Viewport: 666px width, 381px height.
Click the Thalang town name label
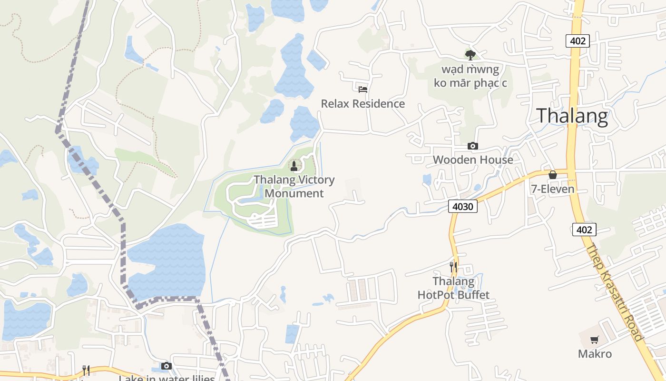(572, 116)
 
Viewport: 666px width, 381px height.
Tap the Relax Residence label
(363, 104)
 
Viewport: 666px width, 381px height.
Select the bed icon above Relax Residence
(363, 89)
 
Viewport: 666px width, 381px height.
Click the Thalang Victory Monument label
(294, 186)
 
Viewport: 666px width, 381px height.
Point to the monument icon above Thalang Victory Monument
(294, 166)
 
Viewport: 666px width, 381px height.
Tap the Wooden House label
(473, 160)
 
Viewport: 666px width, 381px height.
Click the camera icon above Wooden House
(472, 146)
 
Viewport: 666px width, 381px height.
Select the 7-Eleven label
(553, 189)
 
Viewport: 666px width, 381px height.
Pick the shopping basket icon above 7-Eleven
(553, 175)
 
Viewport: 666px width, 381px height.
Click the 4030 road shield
(462, 206)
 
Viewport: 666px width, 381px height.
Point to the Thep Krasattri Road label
(615, 292)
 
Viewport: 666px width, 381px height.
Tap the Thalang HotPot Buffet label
(453, 288)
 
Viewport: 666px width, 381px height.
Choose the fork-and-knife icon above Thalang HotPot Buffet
(453, 267)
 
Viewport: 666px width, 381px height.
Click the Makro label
(595, 354)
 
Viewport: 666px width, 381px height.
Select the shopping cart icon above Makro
(594, 340)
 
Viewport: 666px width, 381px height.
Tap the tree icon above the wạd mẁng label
(470, 55)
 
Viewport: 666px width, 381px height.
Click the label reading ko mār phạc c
(470, 83)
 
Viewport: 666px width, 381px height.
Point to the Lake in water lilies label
(166, 378)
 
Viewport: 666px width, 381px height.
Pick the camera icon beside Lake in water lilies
(166, 366)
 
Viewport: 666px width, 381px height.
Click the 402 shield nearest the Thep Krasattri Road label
(584, 230)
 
